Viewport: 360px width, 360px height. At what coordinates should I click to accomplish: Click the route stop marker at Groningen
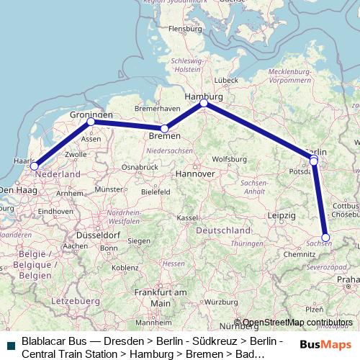[91, 122]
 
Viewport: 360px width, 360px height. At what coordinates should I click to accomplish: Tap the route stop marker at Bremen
[164, 128]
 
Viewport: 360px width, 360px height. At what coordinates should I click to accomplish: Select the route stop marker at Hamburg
[204, 103]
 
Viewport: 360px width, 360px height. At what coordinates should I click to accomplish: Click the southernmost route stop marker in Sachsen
[325, 237]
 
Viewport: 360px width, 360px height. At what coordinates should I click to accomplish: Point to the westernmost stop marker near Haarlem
[34, 166]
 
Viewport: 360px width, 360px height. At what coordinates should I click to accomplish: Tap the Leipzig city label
[281, 215]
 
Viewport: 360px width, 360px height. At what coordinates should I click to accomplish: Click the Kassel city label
[188, 217]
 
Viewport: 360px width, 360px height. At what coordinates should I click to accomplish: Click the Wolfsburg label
[230, 158]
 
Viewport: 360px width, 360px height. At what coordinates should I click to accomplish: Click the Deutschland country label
[228, 229]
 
